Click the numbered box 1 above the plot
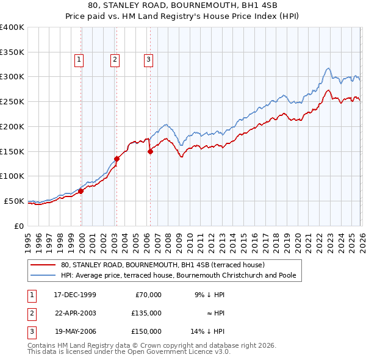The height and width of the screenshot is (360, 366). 80,59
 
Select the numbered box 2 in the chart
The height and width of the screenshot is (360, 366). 115,59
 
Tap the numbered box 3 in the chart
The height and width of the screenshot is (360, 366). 148,59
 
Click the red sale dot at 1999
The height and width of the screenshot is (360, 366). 81,191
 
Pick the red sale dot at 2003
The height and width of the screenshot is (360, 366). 117,159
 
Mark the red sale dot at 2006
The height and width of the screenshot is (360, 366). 150,151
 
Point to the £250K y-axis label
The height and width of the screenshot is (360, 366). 12,101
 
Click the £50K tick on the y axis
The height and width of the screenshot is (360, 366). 14,201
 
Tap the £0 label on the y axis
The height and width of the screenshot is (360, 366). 20,226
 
